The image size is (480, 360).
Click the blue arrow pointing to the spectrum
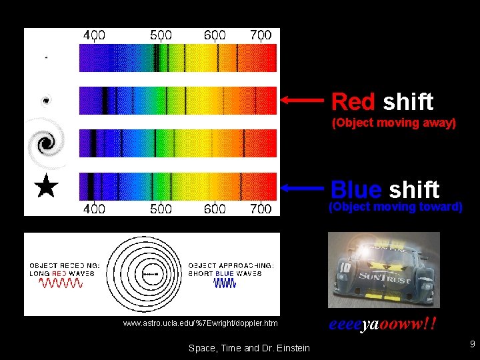click(x=303, y=188)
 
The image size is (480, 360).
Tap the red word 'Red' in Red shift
click(x=353, y=102)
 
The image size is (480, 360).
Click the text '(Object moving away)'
click(x=393, y=123)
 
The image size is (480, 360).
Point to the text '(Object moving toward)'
click(x=395, y=207)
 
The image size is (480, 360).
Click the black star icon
click(x=46, y=187)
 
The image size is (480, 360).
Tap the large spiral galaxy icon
click(x=45, y=143)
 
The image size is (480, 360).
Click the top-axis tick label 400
click(x=93, y=35)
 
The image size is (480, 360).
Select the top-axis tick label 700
click(x=261, y=35)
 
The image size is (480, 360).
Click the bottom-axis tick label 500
click(x=161, y=209)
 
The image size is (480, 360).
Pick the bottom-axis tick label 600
click(x=215, y=209)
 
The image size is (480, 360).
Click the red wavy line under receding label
click(x=61, y=283)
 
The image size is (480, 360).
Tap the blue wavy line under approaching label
click(x=225, y=283)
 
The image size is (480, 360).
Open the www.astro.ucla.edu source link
click(x=200, y=323)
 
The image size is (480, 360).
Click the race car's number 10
click(x=345, y=268)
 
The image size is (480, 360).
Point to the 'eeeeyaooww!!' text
click(x=383, y=325)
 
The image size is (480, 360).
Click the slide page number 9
click(x=472, y=345)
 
